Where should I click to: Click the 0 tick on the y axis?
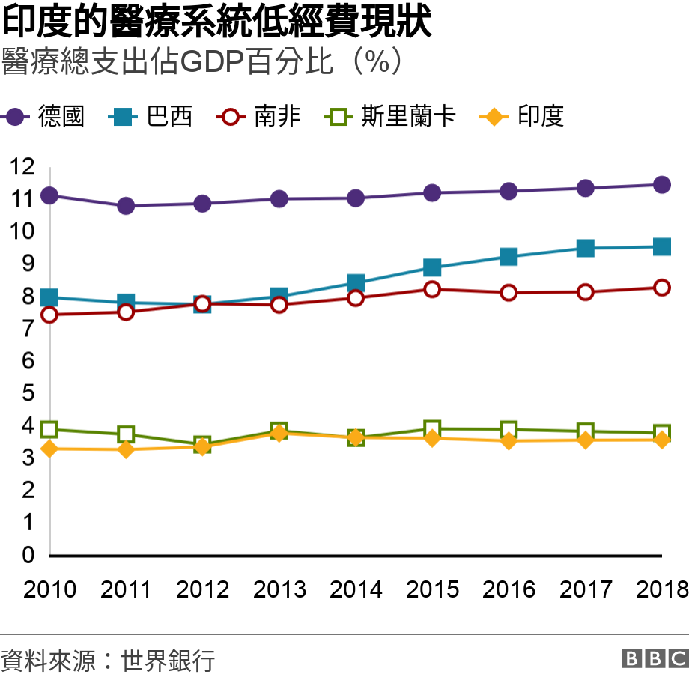[x=28, y=555]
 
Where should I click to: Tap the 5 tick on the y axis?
[x=28, y=393]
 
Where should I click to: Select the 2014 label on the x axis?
[x=356, y=590]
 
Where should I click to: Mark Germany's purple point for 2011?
[x=126, y=205]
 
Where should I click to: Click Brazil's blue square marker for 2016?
[x=509, y=257]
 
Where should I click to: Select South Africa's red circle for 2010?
[x=49, y=315]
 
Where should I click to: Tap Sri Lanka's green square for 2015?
[x=432, y=429]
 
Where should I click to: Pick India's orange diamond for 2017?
[x=585, y=440]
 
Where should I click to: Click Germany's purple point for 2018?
[x=662, y=185]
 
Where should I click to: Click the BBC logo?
[x=654, y=658]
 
